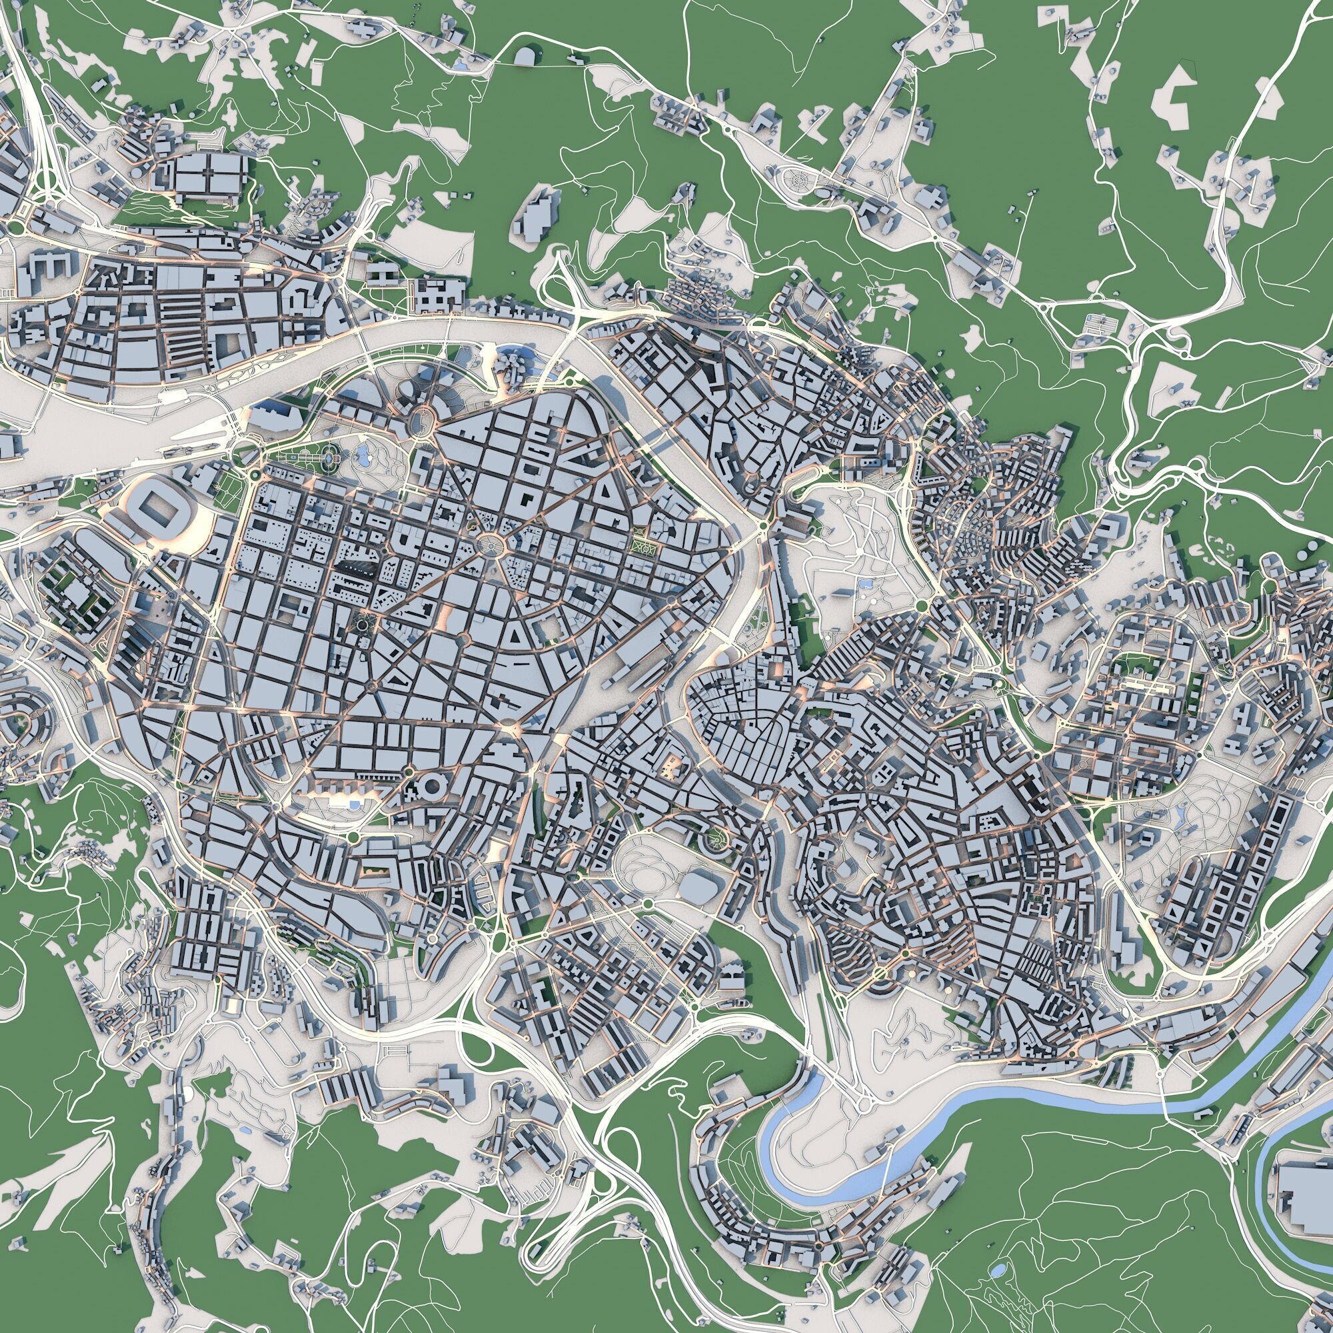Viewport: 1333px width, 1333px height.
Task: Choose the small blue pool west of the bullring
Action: coord(353,805)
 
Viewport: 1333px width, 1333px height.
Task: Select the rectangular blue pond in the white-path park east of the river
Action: coord(863,584)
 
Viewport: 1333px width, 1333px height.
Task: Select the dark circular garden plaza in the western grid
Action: coord(361,625)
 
